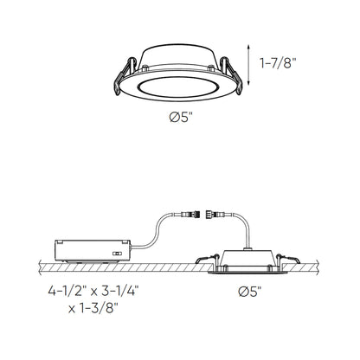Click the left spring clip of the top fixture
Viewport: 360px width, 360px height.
pyautogui.click(x=121, y=74)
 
